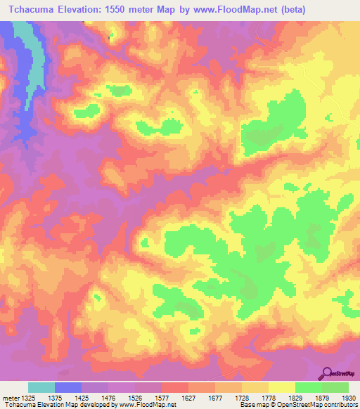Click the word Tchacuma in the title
[x=32, y=10]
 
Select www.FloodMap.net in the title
[x=237, y=10]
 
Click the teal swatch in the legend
[x=41, y=387]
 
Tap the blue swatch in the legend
[x=68, y=387]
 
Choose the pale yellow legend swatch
[x=281, y=387]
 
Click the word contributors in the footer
[x=340, y=405]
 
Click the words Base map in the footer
[x=252, y=405]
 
